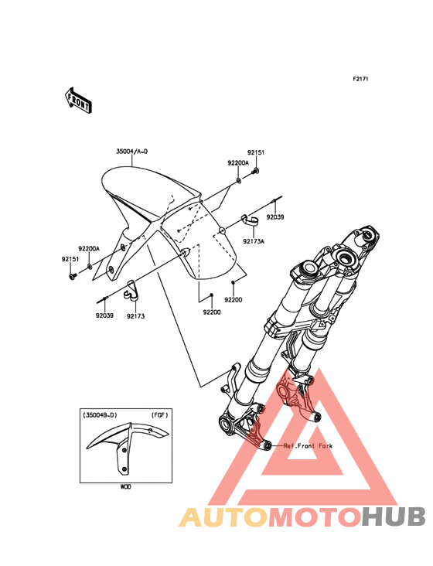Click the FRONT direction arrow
78,100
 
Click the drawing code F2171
360,79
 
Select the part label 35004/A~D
131,152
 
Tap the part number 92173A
254,241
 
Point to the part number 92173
135,315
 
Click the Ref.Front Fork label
308,446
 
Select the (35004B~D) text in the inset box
100,415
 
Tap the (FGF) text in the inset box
160,415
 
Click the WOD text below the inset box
125,487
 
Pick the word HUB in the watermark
394,517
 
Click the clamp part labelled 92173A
249,220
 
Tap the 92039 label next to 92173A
275,217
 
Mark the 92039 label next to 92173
104,315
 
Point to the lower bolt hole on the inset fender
124,469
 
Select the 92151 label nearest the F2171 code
256,152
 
